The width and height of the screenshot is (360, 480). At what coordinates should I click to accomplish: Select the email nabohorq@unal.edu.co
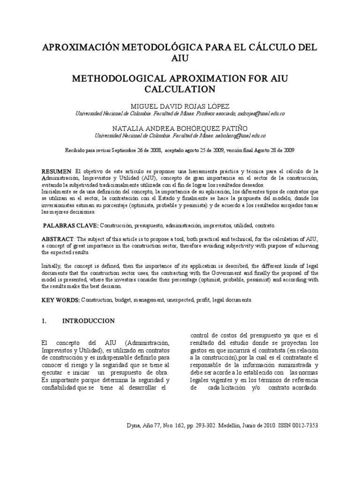[240, 135]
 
